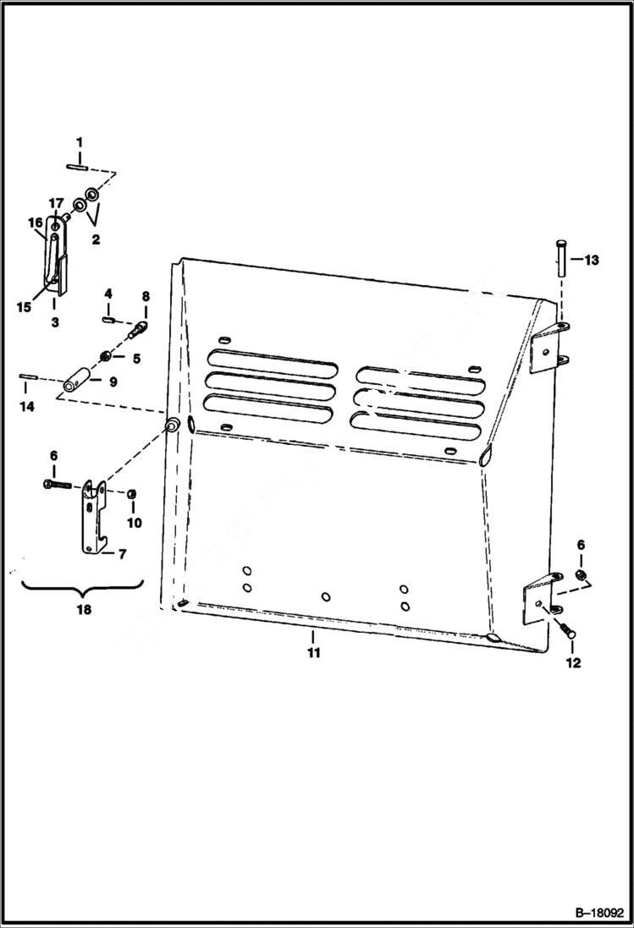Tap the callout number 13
click(x=591, y=260)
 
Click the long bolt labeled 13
click(x=560, y=257)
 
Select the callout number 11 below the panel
click(x=314, y=653)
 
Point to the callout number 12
click(x=573, y=662)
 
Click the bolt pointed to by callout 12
click(x=566, y=631)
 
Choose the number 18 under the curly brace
click(x=83, y=608)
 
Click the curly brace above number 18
click(x=83, y=585)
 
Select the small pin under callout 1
click(x=80, y=167)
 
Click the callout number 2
click(x=96, y=239)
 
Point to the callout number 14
click(x=27, y=407)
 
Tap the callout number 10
click(x=135, y=523)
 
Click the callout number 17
click(x=55, y=203)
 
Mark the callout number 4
click(x=108, y=294)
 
